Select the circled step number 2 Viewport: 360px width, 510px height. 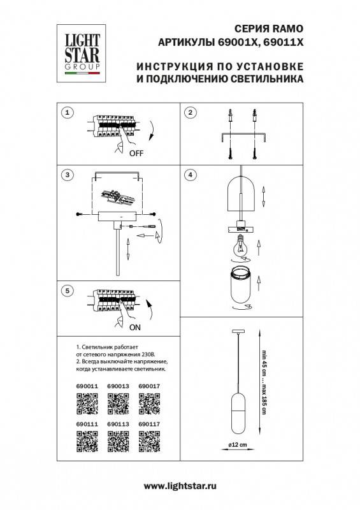coord(189,113)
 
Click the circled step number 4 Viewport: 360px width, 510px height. coord(189,174)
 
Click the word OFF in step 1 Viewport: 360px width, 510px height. coord(136,154)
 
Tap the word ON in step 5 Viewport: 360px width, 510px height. coord(134,328)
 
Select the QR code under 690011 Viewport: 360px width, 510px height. coord(86,403)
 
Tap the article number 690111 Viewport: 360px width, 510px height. coord(86,422)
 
